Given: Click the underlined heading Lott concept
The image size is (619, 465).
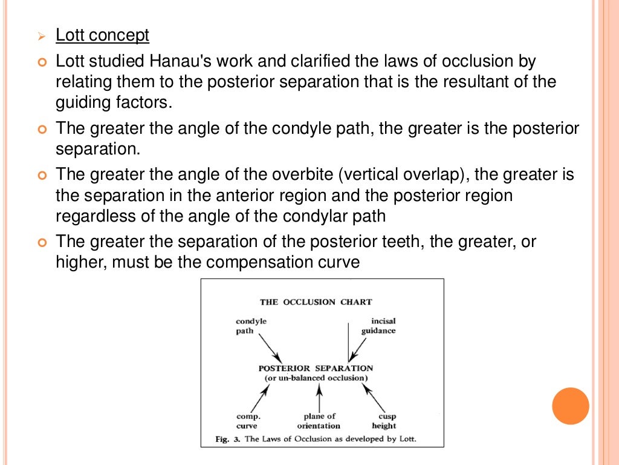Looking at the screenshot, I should tap(102, 36).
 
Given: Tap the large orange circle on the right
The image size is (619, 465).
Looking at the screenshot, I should tap(570, 406).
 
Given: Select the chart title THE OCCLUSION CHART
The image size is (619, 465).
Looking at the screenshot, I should tap(316, 302).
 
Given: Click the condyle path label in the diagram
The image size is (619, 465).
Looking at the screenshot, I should tap(251, 326).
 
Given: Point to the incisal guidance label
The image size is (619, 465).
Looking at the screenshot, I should tap(379, 326).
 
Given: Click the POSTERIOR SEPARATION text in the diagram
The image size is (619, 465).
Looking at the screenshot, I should tap(316, 368).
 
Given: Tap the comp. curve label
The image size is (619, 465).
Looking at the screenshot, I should tap(248, 421).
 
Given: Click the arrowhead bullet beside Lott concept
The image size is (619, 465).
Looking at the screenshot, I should tap(41, 38).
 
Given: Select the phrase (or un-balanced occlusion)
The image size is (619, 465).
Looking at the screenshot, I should tap(316, 378).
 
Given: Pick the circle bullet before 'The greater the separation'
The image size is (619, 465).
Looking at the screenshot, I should tap(41, 243).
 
